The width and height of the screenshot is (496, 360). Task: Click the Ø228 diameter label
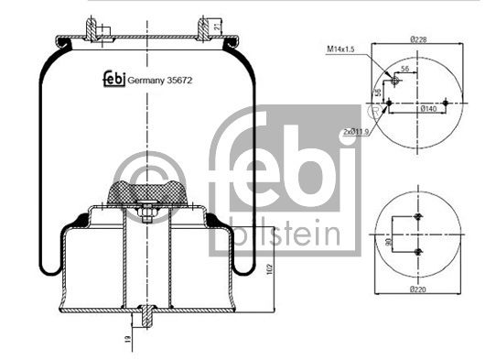click(x=420, y=38)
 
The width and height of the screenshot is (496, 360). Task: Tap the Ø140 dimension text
click(x=427, y=109)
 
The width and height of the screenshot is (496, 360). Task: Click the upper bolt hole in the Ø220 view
click(x=418, y=217)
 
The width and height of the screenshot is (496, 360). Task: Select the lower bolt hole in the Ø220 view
click(x=418, y=251)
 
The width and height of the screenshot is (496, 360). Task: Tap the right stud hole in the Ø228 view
click(x=445, y=102)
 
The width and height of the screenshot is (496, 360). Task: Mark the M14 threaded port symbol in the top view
click(x=394, y=81)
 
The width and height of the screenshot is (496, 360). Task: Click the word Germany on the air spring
click(x=142, y=81)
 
